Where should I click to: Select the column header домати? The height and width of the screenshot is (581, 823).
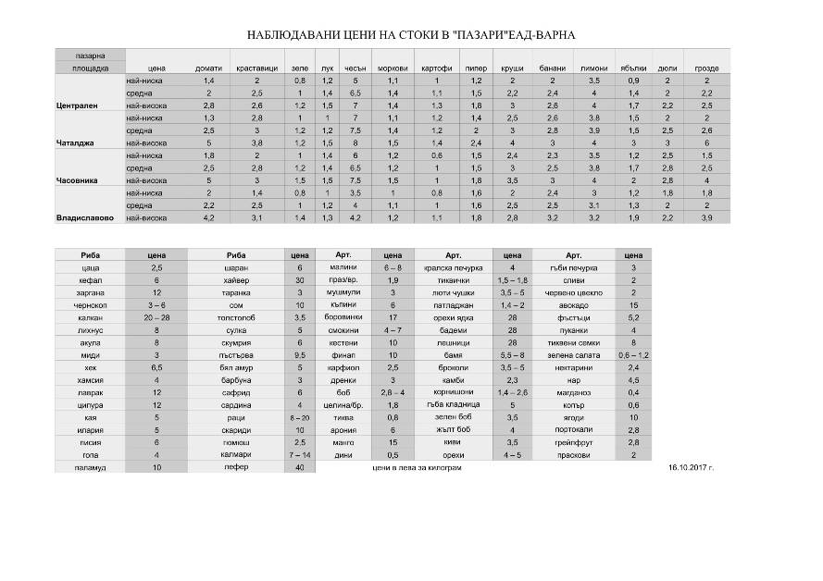point(208,68)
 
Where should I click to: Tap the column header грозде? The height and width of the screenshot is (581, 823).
point(706,68)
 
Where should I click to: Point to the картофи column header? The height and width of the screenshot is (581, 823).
point(436,68)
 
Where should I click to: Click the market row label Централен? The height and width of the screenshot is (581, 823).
point(78,105)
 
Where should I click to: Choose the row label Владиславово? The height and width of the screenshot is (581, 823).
point(84,218)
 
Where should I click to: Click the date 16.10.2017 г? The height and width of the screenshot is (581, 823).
point(691,468)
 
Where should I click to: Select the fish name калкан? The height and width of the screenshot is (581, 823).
point(90,317)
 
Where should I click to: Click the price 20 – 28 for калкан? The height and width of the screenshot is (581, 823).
point(157,317)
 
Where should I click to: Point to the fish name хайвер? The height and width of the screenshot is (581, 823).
point(236,279)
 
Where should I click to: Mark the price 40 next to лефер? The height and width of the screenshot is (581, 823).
point(299,468)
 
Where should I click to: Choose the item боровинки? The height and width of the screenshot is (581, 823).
point(343,317)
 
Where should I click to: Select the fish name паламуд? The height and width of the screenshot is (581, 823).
point(90,468)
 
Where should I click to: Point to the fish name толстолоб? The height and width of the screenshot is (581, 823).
point(236,317)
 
